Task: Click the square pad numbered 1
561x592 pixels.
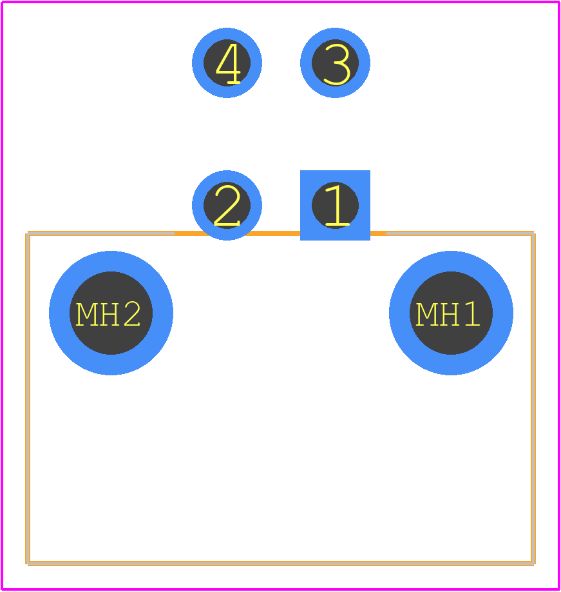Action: pos(335,205)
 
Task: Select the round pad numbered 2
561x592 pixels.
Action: pos(227,205)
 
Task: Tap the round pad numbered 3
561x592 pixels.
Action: pos(335,63)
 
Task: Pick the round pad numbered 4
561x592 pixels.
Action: pos(227,63)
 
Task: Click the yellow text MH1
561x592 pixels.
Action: pos(448,314)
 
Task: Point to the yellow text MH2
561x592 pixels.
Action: pos(108,314)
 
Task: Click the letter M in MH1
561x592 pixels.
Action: pos(426,314)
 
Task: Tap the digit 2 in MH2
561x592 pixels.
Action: pos(132,314)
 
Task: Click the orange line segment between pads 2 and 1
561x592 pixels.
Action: pos(281,233)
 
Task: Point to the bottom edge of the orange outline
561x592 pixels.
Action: pos(281,564)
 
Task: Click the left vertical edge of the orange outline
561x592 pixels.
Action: pos(28,399)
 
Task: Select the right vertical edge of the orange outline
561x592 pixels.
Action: pos(533,399)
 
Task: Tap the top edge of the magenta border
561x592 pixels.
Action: pos(281,3)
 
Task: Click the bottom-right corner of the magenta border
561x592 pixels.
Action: pos(558,589)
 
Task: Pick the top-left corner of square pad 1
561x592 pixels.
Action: pos(301,171)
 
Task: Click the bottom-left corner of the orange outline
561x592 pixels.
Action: pos(28,564)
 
